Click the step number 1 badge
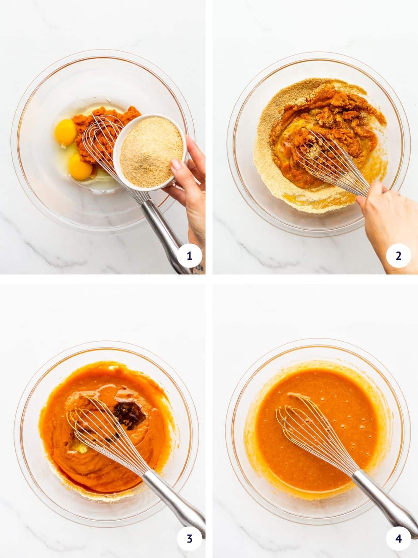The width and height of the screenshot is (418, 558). (x=189, y=256)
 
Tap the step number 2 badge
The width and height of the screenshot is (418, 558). (x=398, y=256)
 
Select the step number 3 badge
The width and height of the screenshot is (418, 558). (x=189, y=538)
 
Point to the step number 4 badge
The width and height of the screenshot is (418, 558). (x=398, y=538)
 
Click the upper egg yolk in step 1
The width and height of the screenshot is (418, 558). (x=65, y=132)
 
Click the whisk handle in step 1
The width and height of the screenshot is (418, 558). (x=164, y=234)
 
